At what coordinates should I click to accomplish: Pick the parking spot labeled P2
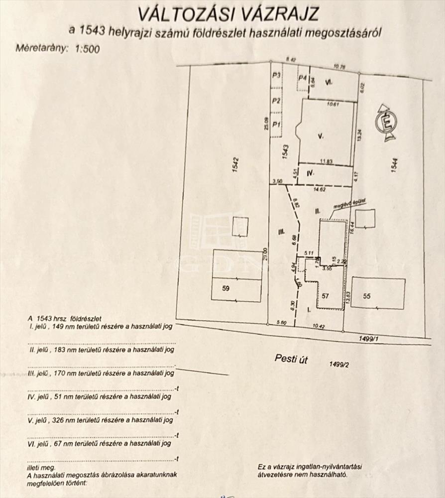(x=275, y=100)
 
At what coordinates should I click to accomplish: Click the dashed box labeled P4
(x=302, y=79)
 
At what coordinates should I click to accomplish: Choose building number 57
(x=325, y=296)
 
